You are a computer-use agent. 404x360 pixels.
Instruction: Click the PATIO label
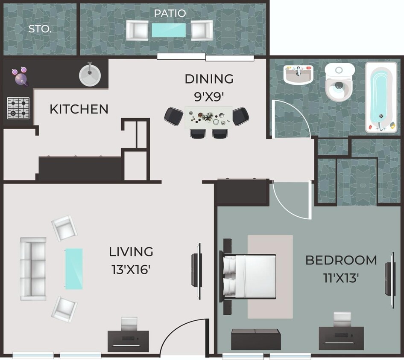pos(170,13)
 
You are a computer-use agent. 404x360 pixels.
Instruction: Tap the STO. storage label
pos(40,29)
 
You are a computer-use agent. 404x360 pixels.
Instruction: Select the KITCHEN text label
pos(79,109)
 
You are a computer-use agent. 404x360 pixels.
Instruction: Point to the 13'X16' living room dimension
pos(131,270)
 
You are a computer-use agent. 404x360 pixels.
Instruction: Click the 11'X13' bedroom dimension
pos(341,278)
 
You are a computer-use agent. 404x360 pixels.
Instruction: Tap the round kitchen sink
pos(90,74)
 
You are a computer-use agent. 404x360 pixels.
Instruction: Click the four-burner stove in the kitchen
pos(18,108)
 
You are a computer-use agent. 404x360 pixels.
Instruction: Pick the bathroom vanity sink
pos(298,75)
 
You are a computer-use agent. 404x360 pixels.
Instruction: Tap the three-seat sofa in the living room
pos(32,269)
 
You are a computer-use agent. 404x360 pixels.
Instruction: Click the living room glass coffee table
pos(73,269)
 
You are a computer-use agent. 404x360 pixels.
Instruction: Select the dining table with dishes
pos(208,118)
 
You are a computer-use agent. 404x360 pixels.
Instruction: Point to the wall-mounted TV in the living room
pos(197,271)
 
